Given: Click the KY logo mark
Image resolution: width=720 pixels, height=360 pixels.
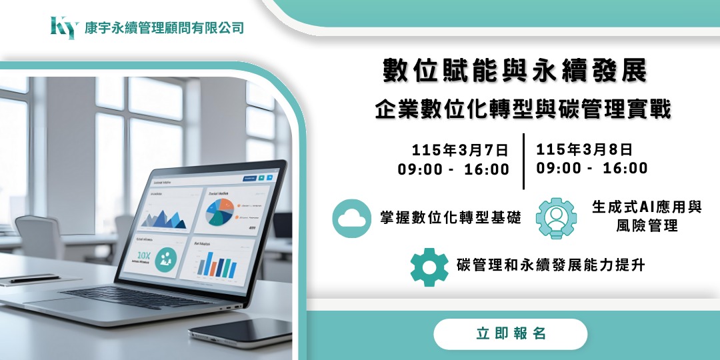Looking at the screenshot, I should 63,27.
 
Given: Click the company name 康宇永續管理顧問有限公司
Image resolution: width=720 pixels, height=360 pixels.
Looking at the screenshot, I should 164,28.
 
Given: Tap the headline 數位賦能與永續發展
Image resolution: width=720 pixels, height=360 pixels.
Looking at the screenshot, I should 515,71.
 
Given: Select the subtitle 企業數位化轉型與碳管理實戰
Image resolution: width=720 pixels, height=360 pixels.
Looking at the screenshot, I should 523,109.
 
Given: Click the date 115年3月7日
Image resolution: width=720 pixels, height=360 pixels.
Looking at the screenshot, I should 460,149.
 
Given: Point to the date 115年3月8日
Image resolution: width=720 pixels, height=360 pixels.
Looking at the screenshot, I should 585,149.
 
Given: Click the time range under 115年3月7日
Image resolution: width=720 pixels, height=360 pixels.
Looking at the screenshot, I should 453,169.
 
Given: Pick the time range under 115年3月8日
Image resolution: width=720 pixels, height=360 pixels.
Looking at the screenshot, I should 592,169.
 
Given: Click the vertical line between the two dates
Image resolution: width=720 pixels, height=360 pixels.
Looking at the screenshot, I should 523,161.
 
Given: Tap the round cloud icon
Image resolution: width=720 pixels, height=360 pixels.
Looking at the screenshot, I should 351,218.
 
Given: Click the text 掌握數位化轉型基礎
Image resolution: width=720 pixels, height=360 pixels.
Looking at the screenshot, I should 451,218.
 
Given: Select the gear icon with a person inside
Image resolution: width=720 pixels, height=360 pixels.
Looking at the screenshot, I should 557,218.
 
